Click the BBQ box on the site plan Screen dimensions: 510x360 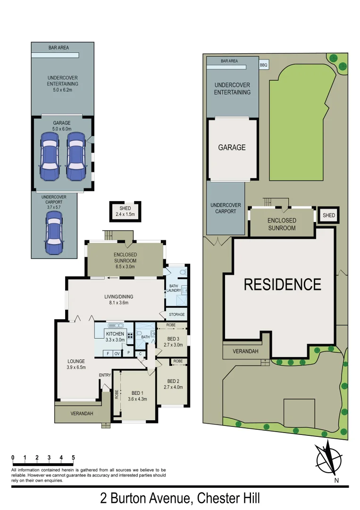[x=263, y=66]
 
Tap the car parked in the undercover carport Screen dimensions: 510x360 [x=54, y=232]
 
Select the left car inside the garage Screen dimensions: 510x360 [x=50, y=156]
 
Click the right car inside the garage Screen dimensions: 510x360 [x=75, y=156]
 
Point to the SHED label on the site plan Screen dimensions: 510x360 [x=328, y=216]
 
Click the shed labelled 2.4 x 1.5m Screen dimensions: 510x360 [x=125, y=211]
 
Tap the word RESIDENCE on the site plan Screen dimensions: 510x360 [x=282, y=284]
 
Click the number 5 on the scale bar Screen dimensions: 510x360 [x=73, y=458]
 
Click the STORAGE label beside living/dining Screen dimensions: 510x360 [x=177, y=314]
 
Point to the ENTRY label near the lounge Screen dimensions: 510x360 [x=105, y=375]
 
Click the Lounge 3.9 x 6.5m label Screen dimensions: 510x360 [x=76, y=364]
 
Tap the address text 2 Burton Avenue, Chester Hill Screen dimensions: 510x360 [x=180, y=498]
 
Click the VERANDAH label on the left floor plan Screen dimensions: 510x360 [x=82, y=414]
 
